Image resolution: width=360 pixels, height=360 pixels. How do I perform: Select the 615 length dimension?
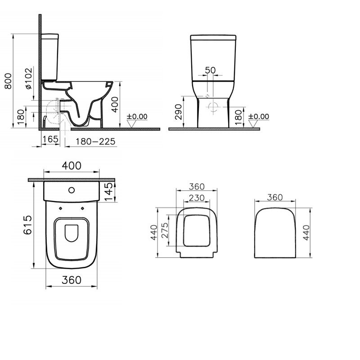28,224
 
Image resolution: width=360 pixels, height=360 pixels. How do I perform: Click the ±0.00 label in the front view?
259,117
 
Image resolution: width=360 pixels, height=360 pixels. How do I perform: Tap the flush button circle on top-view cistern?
71,189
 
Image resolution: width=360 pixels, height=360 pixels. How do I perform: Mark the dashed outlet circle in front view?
213,107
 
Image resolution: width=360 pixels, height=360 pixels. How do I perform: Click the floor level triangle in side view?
131,123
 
